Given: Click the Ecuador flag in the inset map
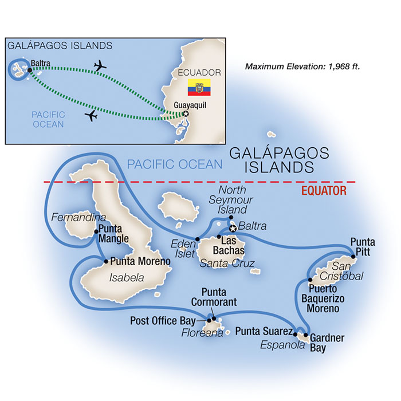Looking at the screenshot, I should (199, 88).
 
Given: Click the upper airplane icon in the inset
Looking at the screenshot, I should (100, 66).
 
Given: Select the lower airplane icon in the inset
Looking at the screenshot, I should (91, 116).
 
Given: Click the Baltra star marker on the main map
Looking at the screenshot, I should (233, 229).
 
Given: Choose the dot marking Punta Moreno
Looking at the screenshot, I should (106, 261).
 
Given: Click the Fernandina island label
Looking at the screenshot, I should (71, 218).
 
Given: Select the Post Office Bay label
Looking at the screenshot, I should (163, 320).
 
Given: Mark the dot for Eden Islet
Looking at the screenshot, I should (198, 239).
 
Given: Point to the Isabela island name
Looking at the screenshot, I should (124, 278).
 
